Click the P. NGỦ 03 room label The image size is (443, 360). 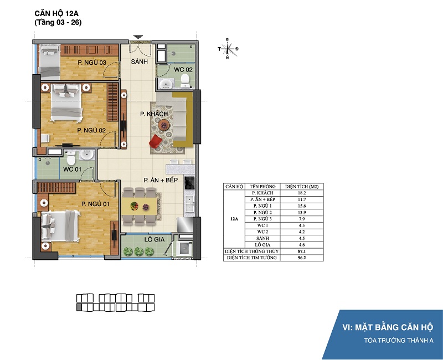92,63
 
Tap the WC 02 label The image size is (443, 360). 183,69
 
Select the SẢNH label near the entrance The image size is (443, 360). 140,61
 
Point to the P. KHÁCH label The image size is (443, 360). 154,114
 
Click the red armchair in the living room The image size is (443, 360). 155,141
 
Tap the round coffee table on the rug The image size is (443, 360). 163,125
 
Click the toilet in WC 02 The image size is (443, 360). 185,81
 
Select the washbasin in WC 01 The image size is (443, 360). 86,155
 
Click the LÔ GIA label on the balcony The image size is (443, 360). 154,239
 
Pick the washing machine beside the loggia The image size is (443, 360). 184,248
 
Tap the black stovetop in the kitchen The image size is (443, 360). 189,183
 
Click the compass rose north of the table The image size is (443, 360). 228,49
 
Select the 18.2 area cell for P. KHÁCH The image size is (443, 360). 302,193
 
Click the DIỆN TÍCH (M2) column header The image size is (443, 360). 302,187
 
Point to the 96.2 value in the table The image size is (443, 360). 302,258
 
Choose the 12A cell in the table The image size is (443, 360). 234,219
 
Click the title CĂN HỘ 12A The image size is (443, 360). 56,13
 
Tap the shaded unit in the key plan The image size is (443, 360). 79,307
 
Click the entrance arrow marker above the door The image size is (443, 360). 138,37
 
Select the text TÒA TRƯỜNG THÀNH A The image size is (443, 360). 398,340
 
